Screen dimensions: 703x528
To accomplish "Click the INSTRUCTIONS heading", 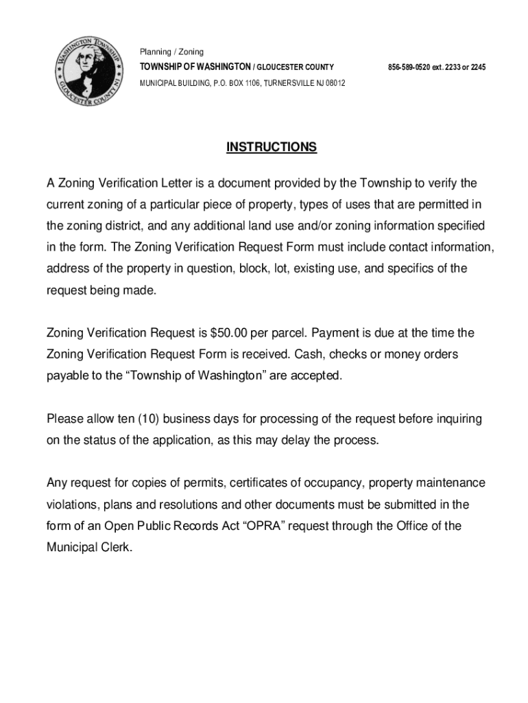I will pyautogui.click(x=272, y=148).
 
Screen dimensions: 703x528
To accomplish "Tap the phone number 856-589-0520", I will pyautogui.click(x=410, y=67).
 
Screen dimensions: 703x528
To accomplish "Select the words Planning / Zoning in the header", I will pyautogui.click(x=171, y=52).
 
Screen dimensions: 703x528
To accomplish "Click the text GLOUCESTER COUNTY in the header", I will pyautogui.click(x=296, y=67).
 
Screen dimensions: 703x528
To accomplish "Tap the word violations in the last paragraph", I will pyautogui.click(x=72, y=505).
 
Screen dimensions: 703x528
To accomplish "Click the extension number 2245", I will pyautogui.click(x=478, y=67).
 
